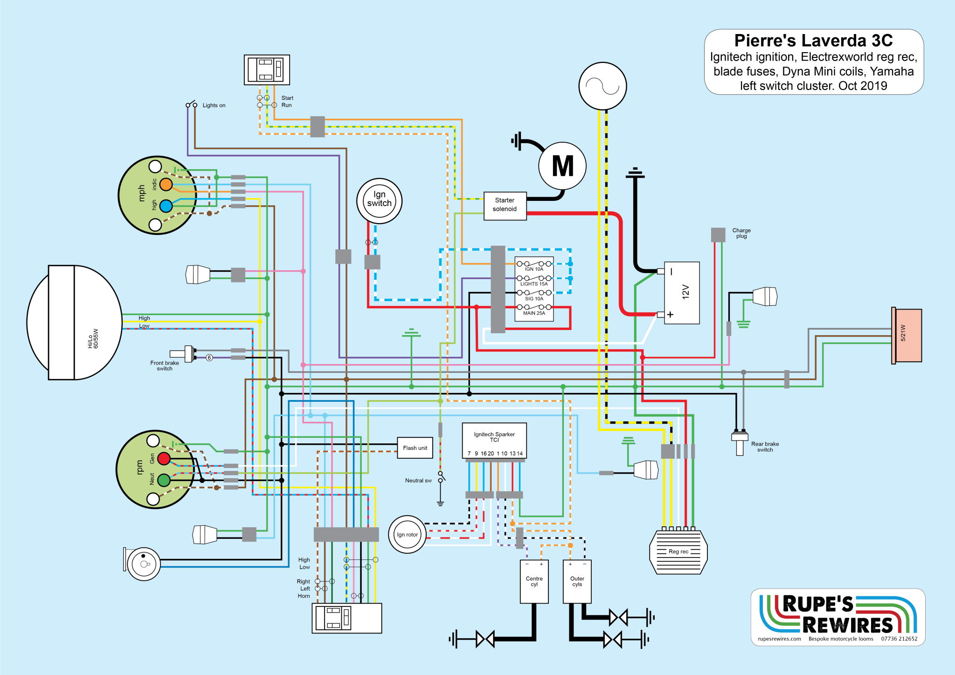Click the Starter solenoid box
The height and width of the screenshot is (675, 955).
pyautogui.click(x=505, y=206)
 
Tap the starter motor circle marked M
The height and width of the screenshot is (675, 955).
pyautogui.click(x=562, y=166)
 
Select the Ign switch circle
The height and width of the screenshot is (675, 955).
pyautogui.click(x=379, y=201)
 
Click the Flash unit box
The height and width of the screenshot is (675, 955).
pyautogui.click(x=415, y=448)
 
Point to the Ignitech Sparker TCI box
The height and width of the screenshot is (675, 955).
pyautogui.click(x=494, y=441)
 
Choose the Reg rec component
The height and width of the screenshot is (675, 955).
pyautogui.click(x=678, y=551)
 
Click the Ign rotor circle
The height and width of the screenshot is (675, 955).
pyautogui.click(x=407, y=534)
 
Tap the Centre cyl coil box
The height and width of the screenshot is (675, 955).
pyautogui.click(x=534, y=581)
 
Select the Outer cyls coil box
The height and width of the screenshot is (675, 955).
pyautogui.click(x=577, y=581)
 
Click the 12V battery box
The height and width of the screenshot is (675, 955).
pyautogui.click(x=682, y=293)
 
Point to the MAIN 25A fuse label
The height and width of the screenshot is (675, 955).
pyautogui.click(x=534, y=313)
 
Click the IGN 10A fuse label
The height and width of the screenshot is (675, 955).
pyautogui.click(x=534, y=269)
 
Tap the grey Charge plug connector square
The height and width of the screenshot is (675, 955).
pyautogui.click(x=718, y=234)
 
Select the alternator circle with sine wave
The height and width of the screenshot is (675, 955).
pyautogui.click(x=602, y=86)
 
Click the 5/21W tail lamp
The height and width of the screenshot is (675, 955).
pyautogui.click(x=907, y=336)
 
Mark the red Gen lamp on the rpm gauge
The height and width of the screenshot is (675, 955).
pyautogui.click(x=164, y=459)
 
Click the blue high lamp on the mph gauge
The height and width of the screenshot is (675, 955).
pyautogui.click(x=166, y=206)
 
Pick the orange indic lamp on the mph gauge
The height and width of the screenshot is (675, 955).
pyautogui.click(x=166, y=185)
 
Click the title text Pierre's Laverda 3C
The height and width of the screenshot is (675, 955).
pyautogui.click(x=813, y=41)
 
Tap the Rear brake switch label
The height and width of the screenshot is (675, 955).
pyautogui.click(x=765, y=447)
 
